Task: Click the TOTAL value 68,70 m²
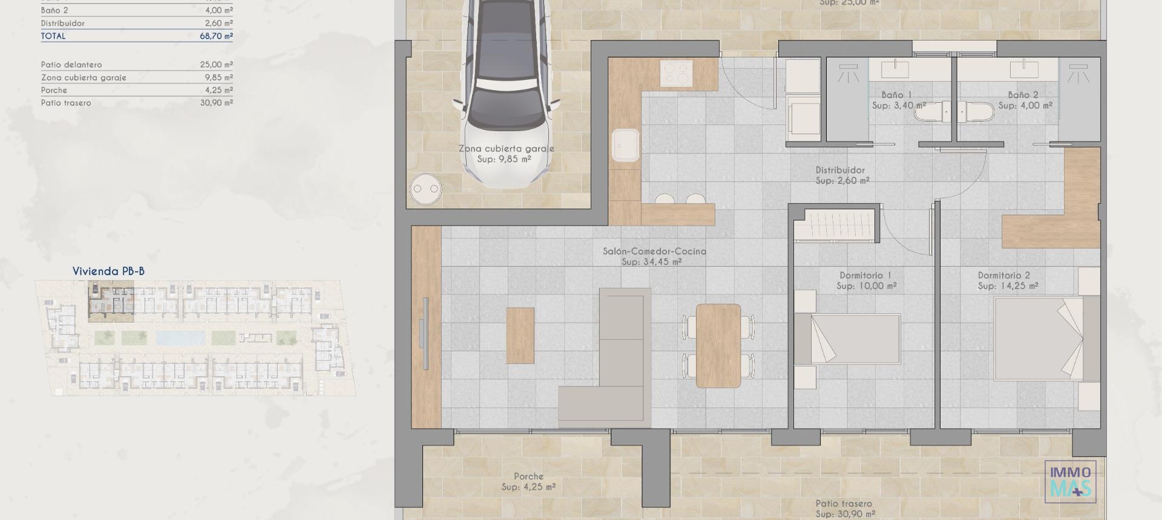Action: [216, 36]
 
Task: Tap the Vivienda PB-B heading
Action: [108, 271]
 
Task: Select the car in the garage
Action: [508, 91]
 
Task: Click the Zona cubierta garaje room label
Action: [506, 148]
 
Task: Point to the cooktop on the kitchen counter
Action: [677, 74]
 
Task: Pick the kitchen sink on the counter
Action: [625, 146]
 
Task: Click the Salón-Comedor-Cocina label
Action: [654, 251]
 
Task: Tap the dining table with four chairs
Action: [718, 345]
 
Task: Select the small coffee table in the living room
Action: [520, 335]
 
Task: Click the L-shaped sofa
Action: [611, 363]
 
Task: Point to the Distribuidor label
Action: [840, 170]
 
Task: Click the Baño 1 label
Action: [896, 95]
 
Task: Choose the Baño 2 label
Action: [1023, 95]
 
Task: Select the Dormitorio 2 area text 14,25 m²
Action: [1008, 286]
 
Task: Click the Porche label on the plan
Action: [528, 476]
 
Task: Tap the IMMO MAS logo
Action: [1070, 481]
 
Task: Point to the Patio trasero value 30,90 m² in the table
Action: [216, 103]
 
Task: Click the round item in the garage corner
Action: [425, 189]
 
